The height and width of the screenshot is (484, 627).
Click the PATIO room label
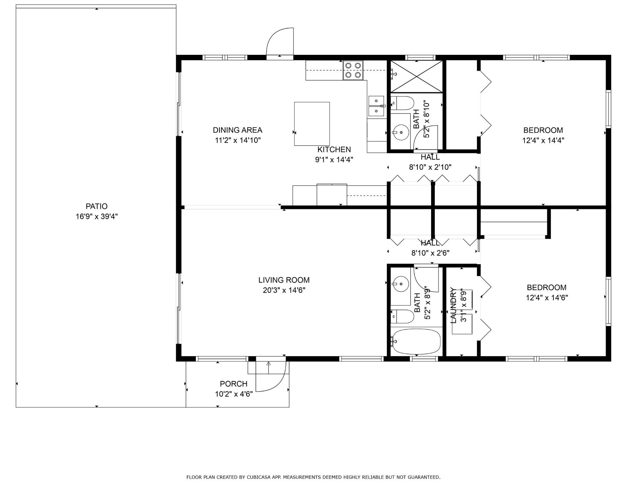click(x=97, y=206)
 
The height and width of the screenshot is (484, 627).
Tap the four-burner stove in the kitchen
click(x=353, y=70)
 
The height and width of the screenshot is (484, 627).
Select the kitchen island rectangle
click(x=312, y=124)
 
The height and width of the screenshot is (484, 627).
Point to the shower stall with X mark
click(x=416, y=77)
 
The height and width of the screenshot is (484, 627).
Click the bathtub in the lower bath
click(x=417, y=341)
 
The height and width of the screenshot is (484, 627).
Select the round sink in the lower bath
click(x=401, y=284)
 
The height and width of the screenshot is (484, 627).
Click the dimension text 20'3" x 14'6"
click(x=284, y=290)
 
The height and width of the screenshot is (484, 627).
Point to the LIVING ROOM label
click(x=284, y=280)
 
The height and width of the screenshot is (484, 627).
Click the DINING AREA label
click(x=237, y=130)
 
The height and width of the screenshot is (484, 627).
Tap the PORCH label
click(x=234, y=384)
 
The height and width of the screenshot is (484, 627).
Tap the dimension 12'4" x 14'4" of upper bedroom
click(x=543, y=140)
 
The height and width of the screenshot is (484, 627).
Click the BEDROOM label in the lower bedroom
click(x=546, y=287)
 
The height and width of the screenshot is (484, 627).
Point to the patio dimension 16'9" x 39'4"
click(x=97, y=216)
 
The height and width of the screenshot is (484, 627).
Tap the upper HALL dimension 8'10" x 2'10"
click(x=430, y=167)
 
